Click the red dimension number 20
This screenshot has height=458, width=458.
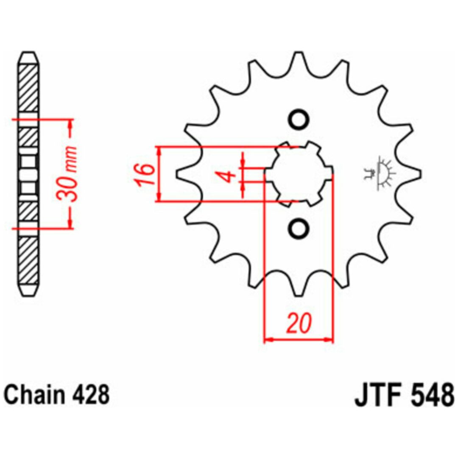point(299,323)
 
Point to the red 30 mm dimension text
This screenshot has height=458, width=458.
point(67,174)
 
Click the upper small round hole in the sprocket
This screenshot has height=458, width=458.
point(299,120)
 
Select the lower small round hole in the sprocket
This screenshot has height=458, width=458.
point(299,228)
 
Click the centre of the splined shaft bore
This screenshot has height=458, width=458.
point(299,174)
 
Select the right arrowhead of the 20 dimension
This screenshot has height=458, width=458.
point(329,340)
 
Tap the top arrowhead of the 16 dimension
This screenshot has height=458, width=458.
point(159,151)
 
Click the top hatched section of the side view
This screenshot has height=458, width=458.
point(29,88)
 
